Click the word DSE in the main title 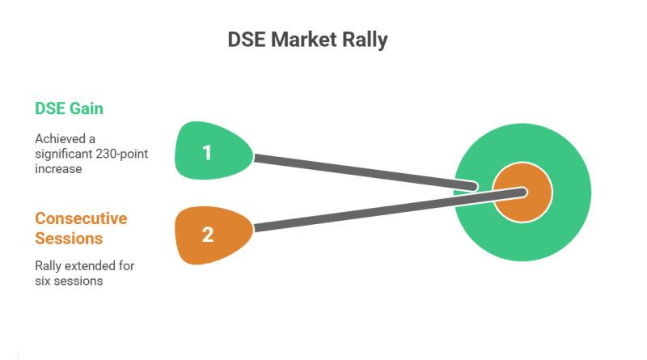[x=247, y=39]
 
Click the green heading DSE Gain [x=68, y=108]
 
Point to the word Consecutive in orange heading [x=81, y=218]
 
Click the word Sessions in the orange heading [x=69, y=238]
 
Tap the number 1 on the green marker [x=208, y=151]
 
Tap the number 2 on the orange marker [x=208, y=235]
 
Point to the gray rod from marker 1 [x=364, y=172]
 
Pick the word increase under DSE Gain [x=58, y=169]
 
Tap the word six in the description [x=43, y=280]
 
